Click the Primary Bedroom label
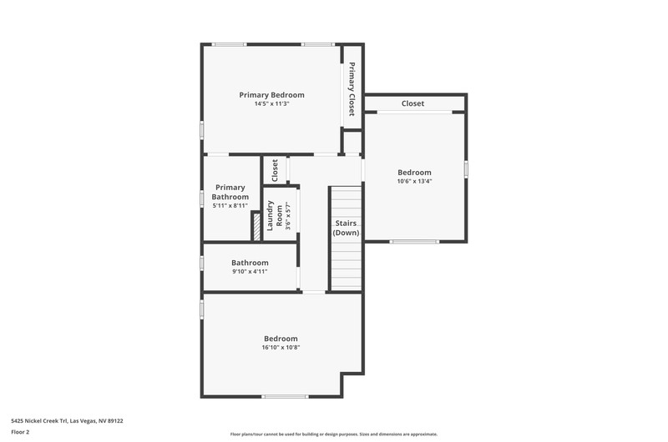coord(272,95)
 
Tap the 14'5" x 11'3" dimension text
coord(272,103)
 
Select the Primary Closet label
coord(352,89)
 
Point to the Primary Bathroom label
coord(230,192)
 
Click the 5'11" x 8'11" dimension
coord(230,206)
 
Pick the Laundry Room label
coord(275,216)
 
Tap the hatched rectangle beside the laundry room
coord(257,227)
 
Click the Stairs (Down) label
coord(346,228)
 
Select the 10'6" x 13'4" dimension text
coord(414,181)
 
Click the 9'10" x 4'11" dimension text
coord(250,271)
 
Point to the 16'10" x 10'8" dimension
coord(281,348)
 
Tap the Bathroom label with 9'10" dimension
coord(250,263)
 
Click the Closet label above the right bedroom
coord(412,103)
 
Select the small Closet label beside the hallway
coord(275,170)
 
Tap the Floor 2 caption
coord(20,432)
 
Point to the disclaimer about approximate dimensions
coord(333,434)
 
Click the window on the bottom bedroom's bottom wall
coord(285,396)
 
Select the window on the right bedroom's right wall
coord(466,169)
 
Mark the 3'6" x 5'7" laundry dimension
coord(288,216)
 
